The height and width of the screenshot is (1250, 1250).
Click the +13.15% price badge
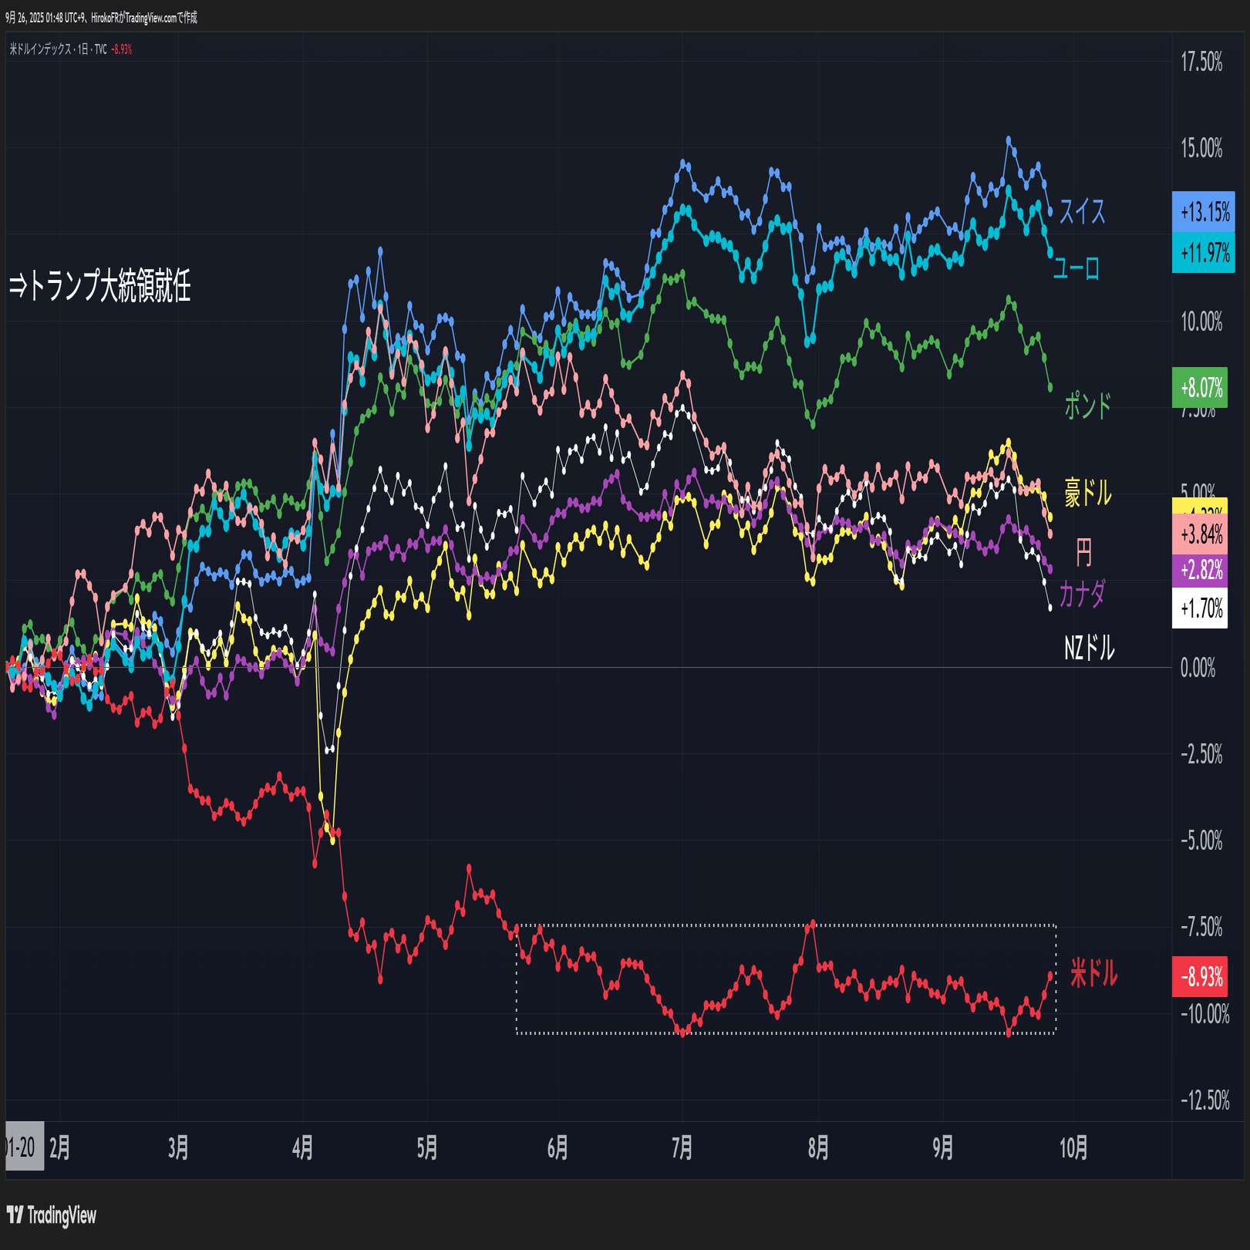[1203, 212]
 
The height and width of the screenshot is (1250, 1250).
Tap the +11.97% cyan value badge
[1203, 253]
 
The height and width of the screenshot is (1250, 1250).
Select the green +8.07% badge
[1200, 387]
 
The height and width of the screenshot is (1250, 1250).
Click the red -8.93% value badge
[1200, 977]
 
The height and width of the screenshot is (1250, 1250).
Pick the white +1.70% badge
[1200, 608]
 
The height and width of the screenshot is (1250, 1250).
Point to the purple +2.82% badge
[1200, 571]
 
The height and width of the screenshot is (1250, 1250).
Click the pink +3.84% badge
[1200, 534]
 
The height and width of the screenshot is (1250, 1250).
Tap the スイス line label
[1082, 211]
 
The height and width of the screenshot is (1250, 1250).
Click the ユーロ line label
[1076, 268]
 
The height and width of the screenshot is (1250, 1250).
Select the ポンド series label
[1087, 406]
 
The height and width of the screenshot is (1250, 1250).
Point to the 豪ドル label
[1087, 493]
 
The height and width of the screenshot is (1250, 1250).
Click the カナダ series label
[1082, 594]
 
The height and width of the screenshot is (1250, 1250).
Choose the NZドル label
[1089, 648]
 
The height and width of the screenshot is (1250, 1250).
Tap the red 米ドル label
[1093, 973]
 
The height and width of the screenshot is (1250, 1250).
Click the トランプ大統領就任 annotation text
[100, 286]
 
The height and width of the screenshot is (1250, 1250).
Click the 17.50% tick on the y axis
[1201, 62]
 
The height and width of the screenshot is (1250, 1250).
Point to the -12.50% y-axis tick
[1205, 1100]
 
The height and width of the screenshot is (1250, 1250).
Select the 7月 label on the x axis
[682, 1148]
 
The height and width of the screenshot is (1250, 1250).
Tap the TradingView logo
[52, 1216]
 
